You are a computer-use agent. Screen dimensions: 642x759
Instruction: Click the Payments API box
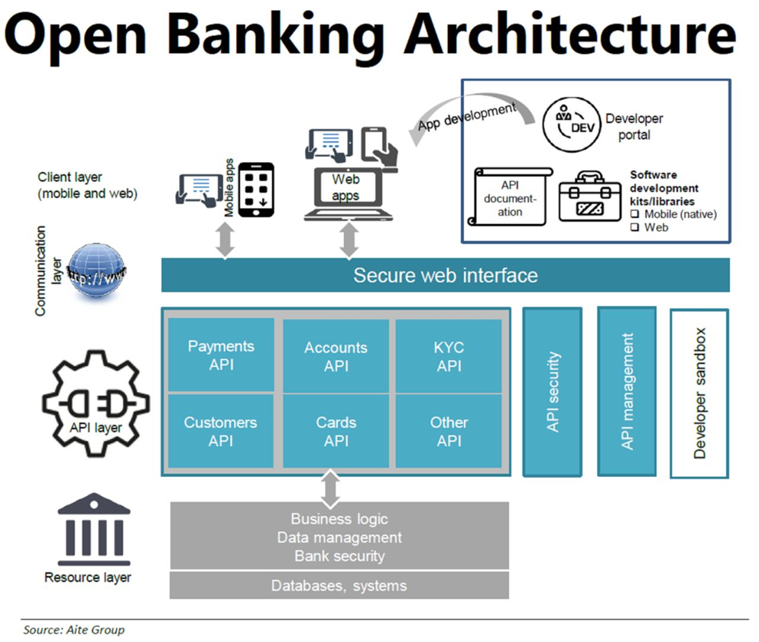[x=221, y=356]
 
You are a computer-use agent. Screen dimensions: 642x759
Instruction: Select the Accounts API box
[x=336, y=356]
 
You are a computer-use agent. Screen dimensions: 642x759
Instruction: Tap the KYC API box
[x=449, y=356]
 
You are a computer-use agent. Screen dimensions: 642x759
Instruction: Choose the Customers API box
[x=221, y=431]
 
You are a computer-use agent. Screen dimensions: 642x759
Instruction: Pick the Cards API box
[x=336, y=431]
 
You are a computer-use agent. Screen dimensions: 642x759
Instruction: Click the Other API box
[x=449, y=431]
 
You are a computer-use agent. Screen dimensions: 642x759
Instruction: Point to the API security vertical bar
[x=553, y=392]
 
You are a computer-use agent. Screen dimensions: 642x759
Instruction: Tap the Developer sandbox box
[x=699, y=393]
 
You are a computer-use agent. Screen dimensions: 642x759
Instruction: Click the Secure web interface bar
[x=445, y=275]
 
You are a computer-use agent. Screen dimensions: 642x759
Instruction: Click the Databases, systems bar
[x=339, y=585]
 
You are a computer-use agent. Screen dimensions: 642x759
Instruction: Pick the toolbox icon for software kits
[x=589, y=197]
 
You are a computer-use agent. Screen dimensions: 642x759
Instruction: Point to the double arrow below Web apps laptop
[x=350, y=240]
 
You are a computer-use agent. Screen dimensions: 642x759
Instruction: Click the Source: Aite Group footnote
[x=74, y=630]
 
